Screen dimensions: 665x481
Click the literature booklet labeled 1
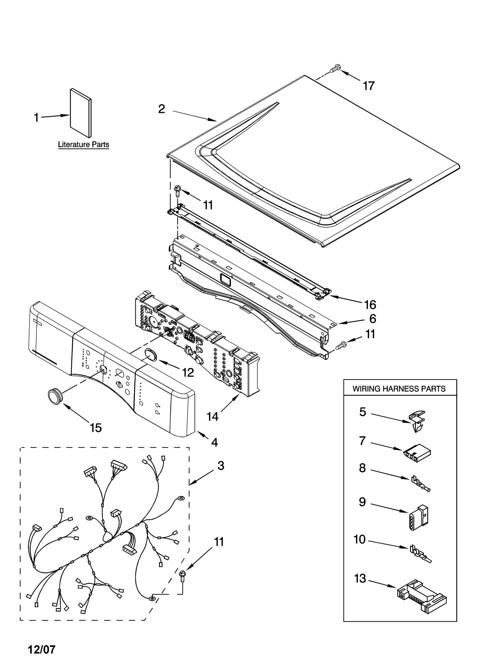click(81, 113)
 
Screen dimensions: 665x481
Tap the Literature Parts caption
click(83, 144)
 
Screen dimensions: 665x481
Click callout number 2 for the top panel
click(162, 109)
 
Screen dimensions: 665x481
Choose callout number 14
click(212, 417)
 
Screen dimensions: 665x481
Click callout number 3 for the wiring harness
click(221, 465)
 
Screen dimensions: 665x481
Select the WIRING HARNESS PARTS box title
click(399, 389)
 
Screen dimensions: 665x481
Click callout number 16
click(370, 305)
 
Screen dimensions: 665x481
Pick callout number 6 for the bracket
click(372, 319)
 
